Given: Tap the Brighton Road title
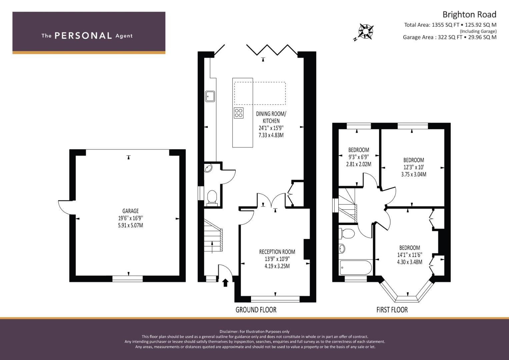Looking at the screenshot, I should pos(469,15).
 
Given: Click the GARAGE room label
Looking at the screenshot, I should pos(130,211).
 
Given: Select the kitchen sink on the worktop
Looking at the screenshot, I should pos(210,96).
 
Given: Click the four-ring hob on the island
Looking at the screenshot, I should pos(239,113).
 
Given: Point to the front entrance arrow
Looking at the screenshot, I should pos(225,282).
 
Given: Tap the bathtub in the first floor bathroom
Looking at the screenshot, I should pos(355,267).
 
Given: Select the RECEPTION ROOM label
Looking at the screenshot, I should pos(277,252).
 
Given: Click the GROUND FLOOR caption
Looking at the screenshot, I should pos(256,310).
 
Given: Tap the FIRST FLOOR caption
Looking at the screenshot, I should pos(392,310).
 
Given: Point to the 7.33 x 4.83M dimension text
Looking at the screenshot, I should pos(271,135).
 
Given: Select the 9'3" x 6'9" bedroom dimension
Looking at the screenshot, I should pos(359,157).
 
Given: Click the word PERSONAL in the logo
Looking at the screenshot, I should pos(83,36).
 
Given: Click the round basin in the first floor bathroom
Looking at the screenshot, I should pos(342,248).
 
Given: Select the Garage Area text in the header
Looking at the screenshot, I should pos(449,37).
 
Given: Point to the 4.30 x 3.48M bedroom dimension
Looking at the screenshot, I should pos(409,262).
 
